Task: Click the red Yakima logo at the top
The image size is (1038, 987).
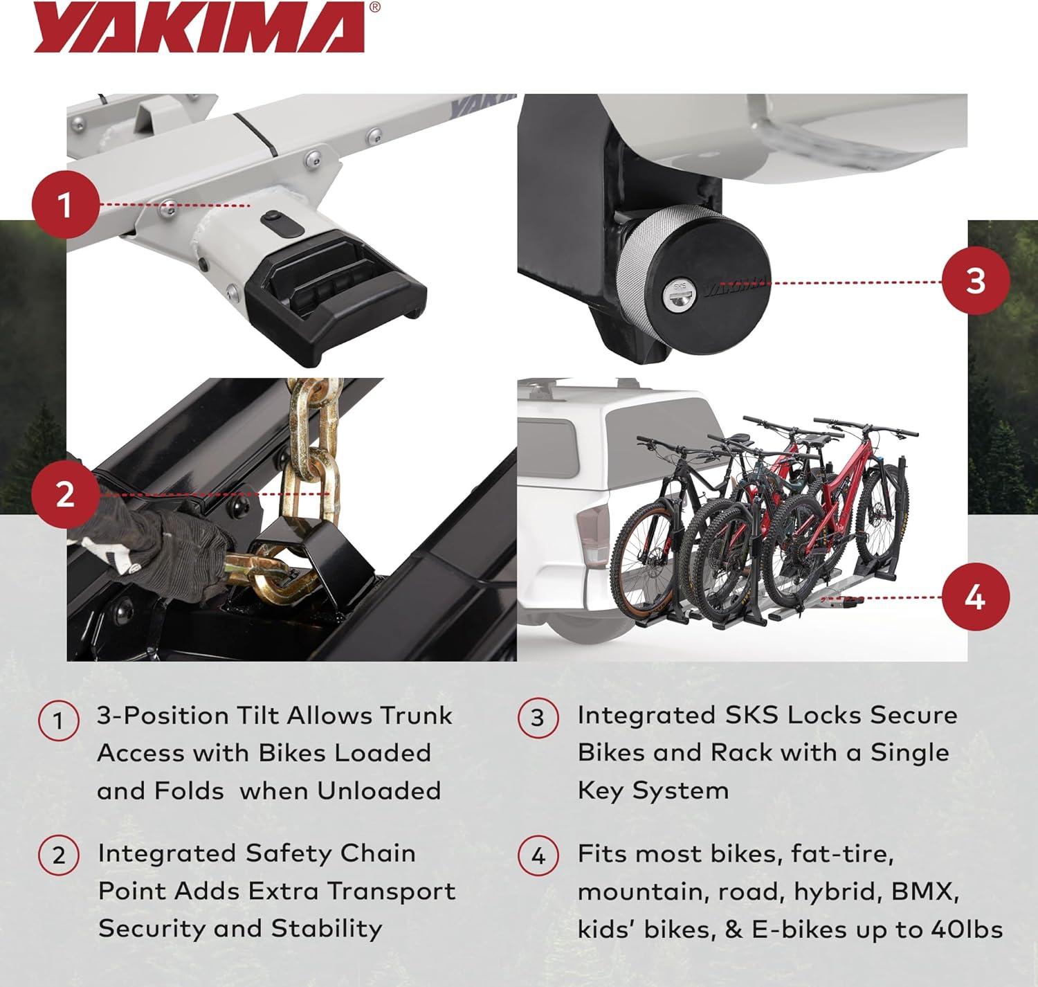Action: pos(201,28)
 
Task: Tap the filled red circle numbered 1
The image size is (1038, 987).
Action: pos(66,204)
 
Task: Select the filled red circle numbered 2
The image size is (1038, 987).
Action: pos(66,495)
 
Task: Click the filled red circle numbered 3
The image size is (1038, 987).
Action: pos(975,281)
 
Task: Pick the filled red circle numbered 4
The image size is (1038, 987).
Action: pos(975,597)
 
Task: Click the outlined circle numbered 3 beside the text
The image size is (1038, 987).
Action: pos(538,718)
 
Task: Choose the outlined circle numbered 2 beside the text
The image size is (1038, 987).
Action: pos(59,855)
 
